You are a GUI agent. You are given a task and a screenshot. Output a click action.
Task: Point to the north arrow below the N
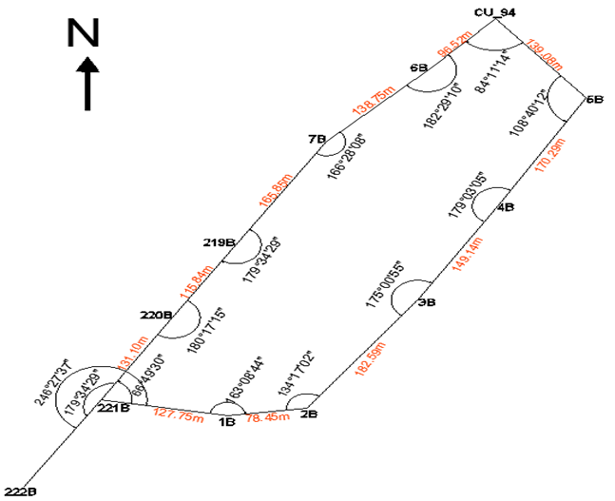click(x=87, y=83)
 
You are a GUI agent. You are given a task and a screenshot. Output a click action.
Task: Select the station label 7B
click(x=317, y=139)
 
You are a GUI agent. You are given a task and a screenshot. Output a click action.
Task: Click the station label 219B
click(x=219, y=242)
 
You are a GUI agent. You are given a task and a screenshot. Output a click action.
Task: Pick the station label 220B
click(x=155, y=313)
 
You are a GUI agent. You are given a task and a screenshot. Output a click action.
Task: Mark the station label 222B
click(x=20, y=491)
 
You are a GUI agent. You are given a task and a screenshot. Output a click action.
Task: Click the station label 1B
click(x=226, y=422)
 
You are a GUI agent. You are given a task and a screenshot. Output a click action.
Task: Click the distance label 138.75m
click(x=372, y=101)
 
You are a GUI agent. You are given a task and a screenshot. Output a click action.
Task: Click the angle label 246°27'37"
click(x=54, y=380)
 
